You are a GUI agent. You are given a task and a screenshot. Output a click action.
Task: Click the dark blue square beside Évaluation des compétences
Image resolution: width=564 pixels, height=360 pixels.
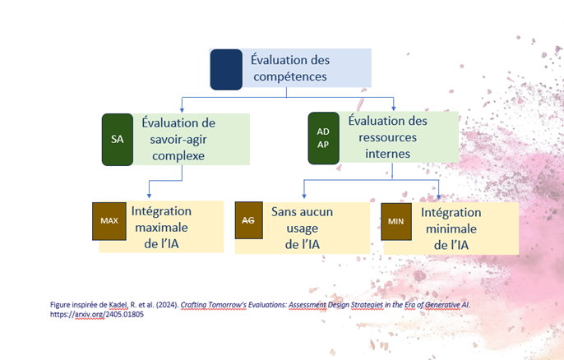[225, 69]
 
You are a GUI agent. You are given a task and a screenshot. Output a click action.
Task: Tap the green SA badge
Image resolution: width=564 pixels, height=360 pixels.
[117, 139]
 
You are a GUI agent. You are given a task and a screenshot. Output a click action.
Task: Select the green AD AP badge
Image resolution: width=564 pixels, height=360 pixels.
[322, 137]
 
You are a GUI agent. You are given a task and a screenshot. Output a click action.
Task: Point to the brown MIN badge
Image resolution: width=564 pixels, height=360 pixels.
[396, 222]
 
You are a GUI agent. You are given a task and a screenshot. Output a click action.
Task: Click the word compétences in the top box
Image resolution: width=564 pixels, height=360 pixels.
[289, 77]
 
